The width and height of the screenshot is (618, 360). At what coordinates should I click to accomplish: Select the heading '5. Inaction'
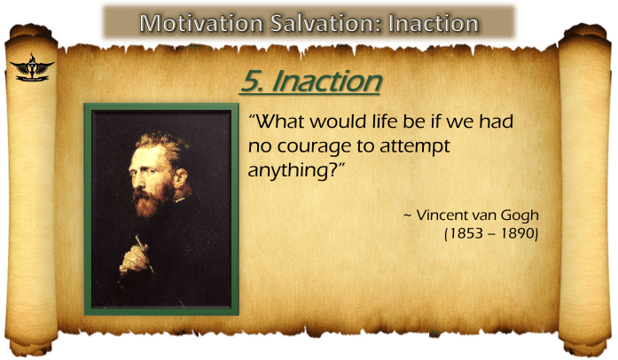(310, 81)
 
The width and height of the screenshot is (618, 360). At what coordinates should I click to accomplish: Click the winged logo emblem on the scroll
(31, 67)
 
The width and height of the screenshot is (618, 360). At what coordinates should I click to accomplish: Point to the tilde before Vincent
(407, 215)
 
